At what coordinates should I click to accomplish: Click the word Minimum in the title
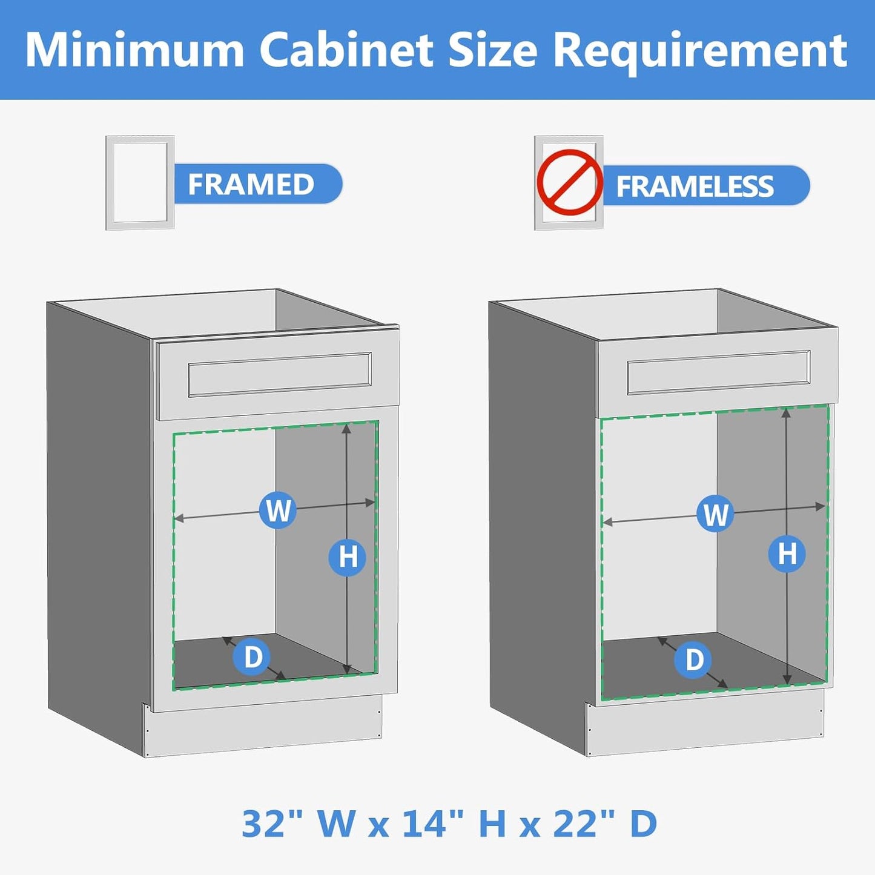[x=134, y=50]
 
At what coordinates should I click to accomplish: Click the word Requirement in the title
[x=700, y=50]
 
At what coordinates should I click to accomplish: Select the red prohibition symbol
[x=569, y=182]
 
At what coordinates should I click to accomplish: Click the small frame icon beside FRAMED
[x=140, y=182]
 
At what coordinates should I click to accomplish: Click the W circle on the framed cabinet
[x=277, y=510]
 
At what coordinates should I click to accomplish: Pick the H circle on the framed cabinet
[x=347, y=557]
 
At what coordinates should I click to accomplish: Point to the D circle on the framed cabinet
[x=252, y=657]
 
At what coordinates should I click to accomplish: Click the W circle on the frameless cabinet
[x=715, y=514]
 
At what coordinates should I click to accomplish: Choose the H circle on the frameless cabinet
[x=787, y=553]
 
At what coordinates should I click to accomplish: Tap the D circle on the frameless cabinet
[x=694, y=659]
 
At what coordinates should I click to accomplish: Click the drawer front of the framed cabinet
[x=279, y=374]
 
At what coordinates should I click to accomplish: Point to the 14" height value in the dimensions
[x=433, y=824]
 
